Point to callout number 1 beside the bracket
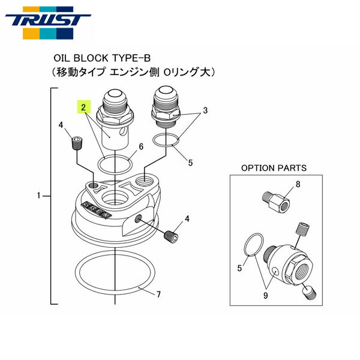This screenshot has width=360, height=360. click(x=40, y=196)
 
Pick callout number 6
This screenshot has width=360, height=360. click(x=140, y=146)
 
